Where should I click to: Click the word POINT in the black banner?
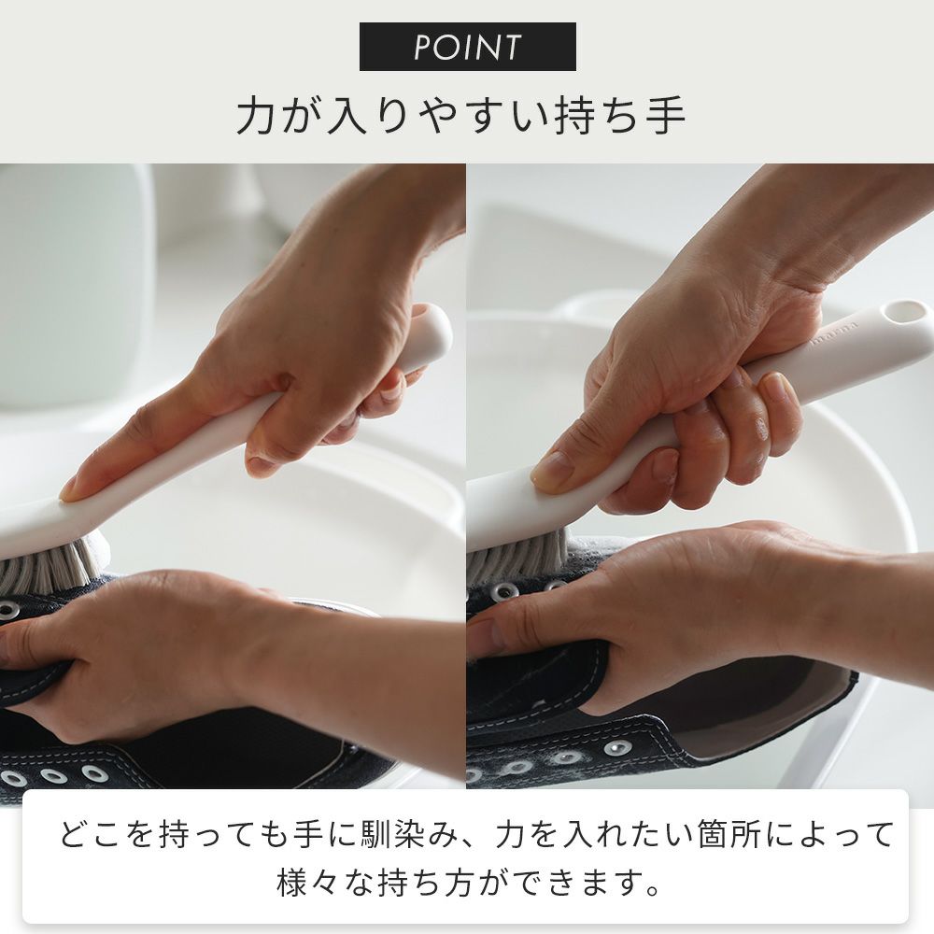[468, 47]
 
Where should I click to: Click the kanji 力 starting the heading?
[256, 115]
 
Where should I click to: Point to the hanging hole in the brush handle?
[902, 312]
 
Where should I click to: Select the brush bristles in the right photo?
[517, 552]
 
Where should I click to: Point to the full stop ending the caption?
[654, 890]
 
